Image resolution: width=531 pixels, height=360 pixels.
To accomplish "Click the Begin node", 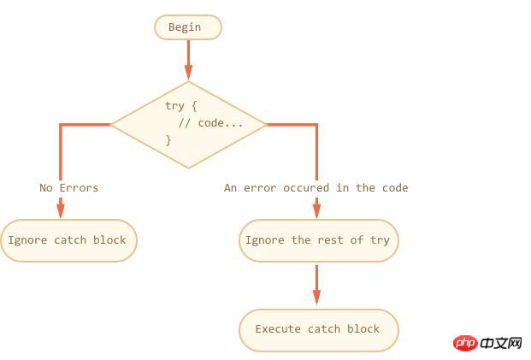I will tap(187, 27).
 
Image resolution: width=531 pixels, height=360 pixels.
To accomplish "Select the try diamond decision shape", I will tap(189, 125).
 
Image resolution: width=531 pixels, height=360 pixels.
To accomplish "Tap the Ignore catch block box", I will tap(68, 240).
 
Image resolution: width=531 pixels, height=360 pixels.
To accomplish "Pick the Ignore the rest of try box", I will tap(318, 240).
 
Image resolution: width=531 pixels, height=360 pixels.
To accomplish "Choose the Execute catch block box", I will tap(318, 329).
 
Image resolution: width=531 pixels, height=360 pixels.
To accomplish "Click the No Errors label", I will tap(69, 188).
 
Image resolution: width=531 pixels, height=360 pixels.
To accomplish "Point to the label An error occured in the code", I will tap(316, 188).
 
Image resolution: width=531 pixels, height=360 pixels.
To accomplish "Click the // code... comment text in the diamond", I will tap(210, 123).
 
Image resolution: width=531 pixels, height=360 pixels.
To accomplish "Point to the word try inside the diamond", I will tap(174, 105).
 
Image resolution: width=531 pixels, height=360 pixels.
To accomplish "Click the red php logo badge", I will tap(464, 343).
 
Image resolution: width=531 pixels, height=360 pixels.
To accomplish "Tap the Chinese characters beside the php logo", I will tap(501, 343).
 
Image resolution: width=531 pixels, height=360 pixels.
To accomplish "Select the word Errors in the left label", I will tap(79, 188).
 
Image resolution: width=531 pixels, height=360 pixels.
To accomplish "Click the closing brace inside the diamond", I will tap(168, 139).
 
